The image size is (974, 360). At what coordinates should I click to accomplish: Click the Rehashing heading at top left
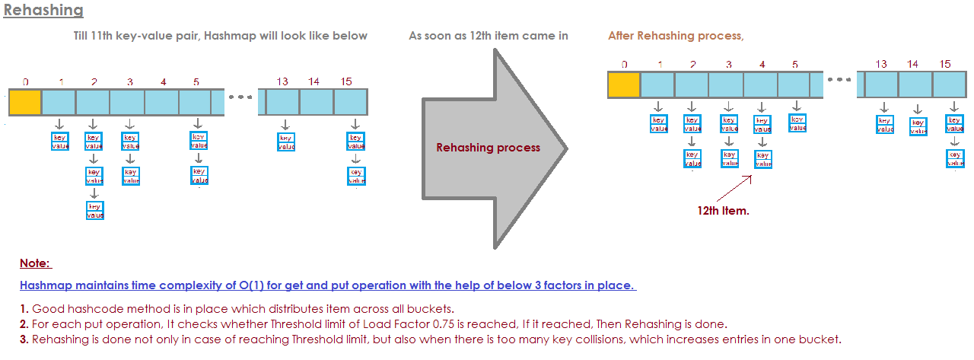pyautogui.click(x=43, y=11)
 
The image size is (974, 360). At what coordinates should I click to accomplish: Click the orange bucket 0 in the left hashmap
pyautogui.click(x=24, y=102)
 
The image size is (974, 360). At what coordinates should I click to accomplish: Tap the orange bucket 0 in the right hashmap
pyautogui.click(x=624, y=84)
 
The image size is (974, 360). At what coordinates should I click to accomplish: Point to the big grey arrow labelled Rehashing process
pyautogui.click(x=488, y=148)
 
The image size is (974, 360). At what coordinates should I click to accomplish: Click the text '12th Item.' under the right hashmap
pyautogui.click(x=723, y=210)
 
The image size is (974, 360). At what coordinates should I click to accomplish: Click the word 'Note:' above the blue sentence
pyautogui.click(x=35, y=263)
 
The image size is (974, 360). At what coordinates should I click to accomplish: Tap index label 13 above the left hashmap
pyautogui.click(x=282, y=81)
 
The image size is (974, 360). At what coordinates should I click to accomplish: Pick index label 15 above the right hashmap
pyautogui.click(x=945, y=64)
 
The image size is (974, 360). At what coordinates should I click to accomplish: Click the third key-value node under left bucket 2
pyautogui.click(x=94, y=211)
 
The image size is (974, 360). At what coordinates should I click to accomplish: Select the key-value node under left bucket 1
pyautogui.click(x=60, y=141)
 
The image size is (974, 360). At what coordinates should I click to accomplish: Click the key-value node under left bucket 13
pyautogui.click(x=285, y=142)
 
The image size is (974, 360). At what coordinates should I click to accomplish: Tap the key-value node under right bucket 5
pyautogui.click(x=797, y=123)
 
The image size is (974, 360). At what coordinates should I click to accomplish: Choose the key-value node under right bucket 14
pyautogui.click(x=918, y=126)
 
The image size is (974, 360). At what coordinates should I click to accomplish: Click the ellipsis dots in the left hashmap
pyautogui.click(x=240, y=97)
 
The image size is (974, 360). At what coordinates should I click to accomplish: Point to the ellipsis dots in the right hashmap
pyautogui.click(x=839, y=80)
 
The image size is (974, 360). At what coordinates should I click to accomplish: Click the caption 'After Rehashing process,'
pyautogui.click(x=676, y=36)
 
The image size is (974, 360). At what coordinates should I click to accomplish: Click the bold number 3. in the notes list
pyautogui.click(x=24, y=339)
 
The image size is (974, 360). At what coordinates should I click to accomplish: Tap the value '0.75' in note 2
pyautogui.click(x=443, y=323)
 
